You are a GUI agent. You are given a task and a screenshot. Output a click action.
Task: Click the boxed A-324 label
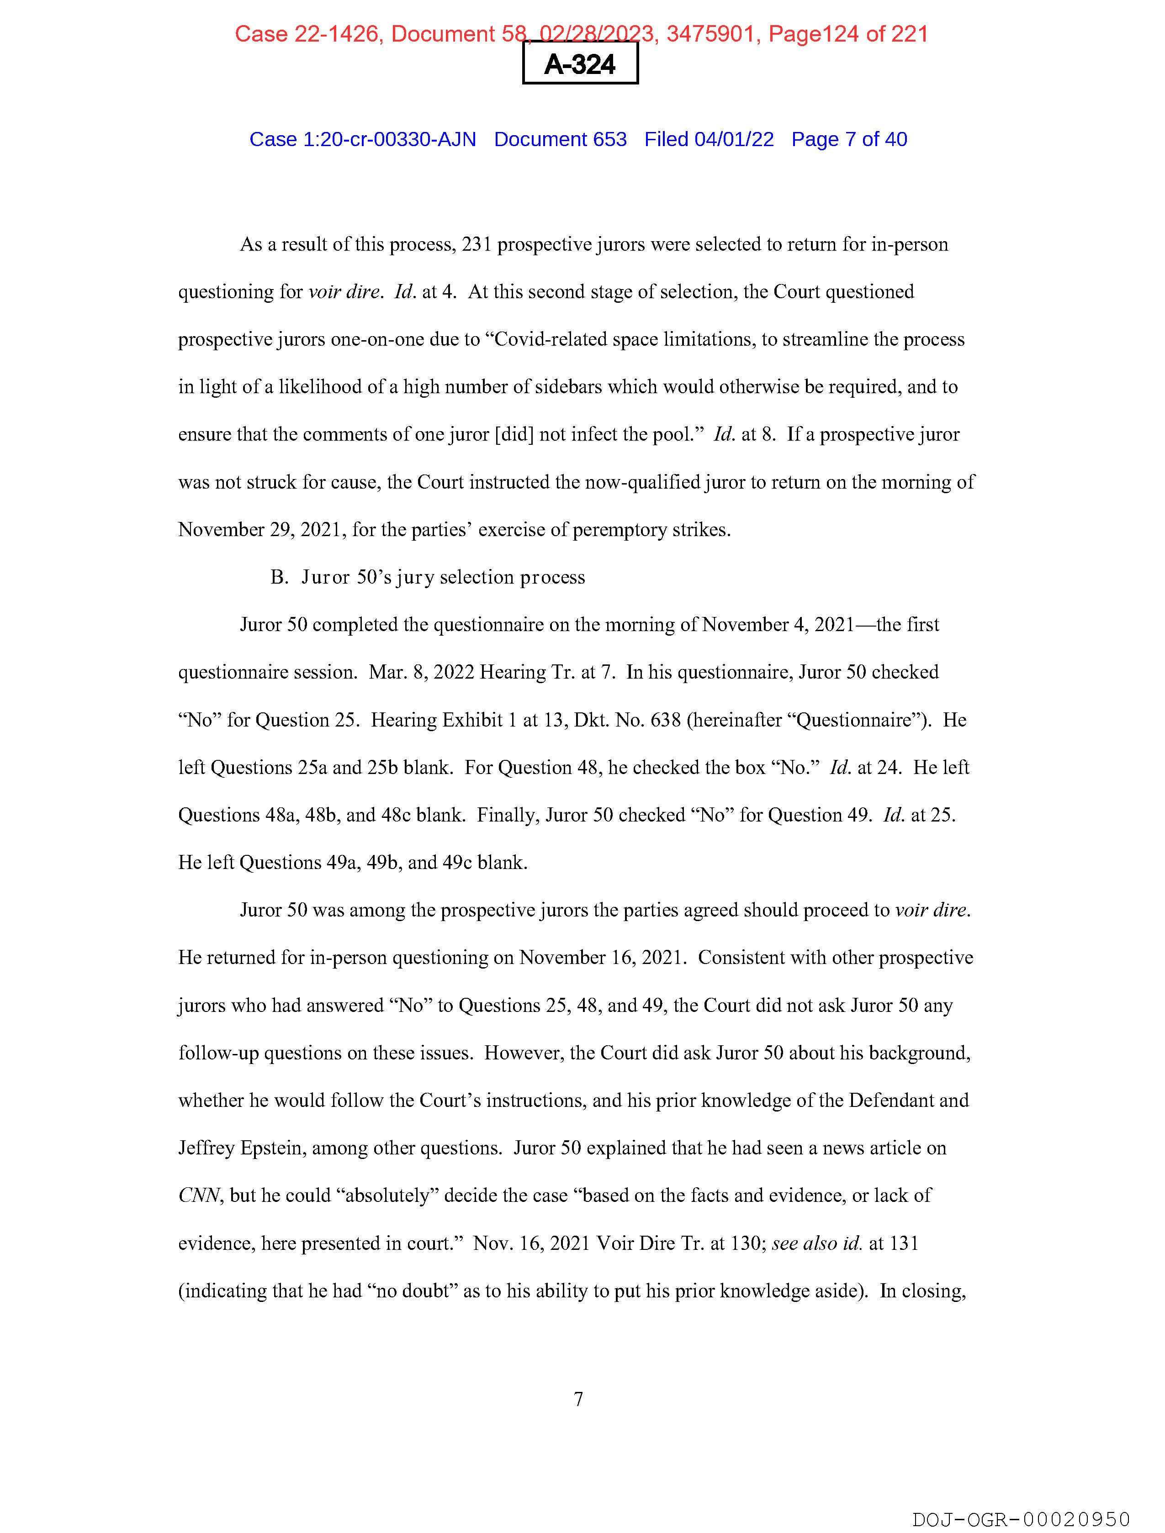click(x=580, y=64)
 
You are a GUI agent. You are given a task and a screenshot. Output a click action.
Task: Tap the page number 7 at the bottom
click(x=578, y=1399)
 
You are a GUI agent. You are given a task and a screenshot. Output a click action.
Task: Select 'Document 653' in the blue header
click(x=560, y=139)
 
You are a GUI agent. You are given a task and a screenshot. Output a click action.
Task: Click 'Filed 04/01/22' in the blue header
click(x=709, y=139)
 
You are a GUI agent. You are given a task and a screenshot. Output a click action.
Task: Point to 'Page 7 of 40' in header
click(x=849, y=139)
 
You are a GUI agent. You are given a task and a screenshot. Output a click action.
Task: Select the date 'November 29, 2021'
click(x=261, y=529)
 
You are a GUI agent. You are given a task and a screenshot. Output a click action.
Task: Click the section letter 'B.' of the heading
click(x=279, y=577)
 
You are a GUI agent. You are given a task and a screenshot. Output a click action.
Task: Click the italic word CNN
click(x=199, y=1196)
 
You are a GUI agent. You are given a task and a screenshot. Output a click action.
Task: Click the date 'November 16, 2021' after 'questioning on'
click(x=603, y=958)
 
